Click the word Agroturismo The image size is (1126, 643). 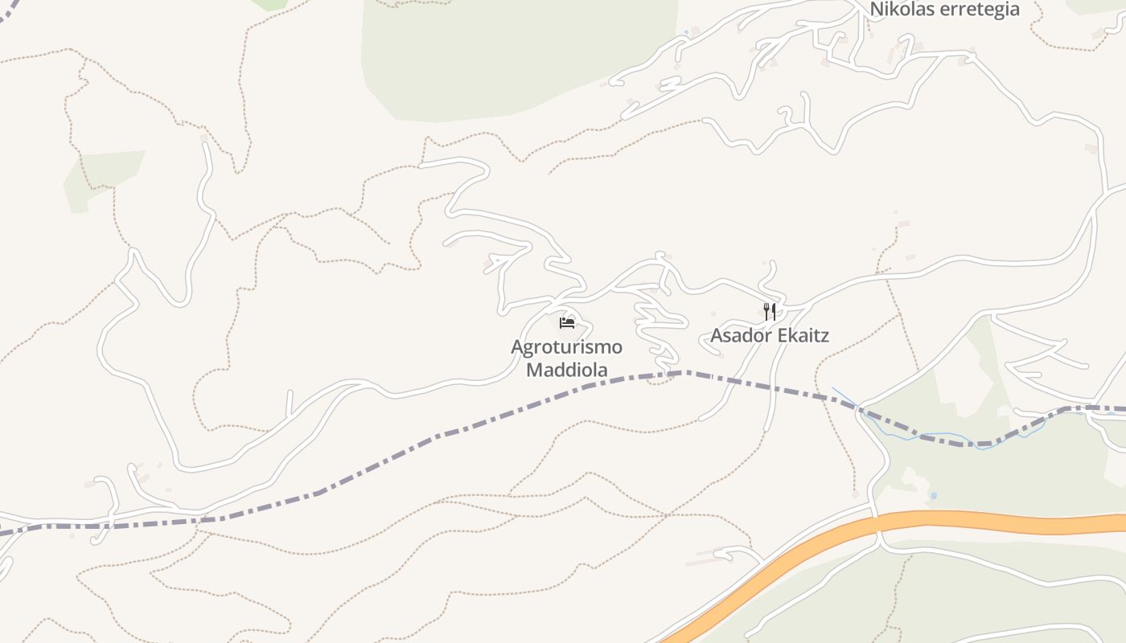[x=566, y=347]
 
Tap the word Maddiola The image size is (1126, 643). [x=566, y=370]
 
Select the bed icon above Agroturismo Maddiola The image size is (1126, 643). [x=567, y=323]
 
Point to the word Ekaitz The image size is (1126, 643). [x=800, y=335]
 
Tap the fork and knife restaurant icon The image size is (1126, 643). [x=770, y=311]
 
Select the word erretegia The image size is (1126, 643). [x=982, y=10]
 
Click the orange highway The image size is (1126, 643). [x=1005, y=522]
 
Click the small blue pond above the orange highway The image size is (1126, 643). [x=933, y=496]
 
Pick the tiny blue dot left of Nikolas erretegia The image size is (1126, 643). [x=686, y=31]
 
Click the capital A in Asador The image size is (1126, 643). [x=717, y=335]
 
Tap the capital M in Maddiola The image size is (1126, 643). [x=533, y=370]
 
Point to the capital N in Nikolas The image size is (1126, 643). [x=877, y=10]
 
